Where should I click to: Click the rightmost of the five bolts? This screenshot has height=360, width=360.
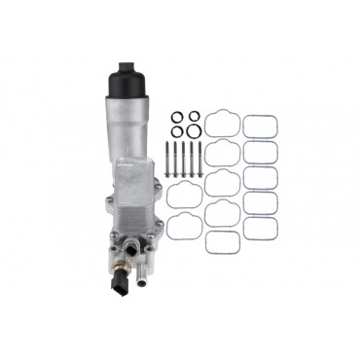coord(200,158)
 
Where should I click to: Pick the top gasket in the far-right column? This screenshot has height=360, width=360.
coord(259,126)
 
